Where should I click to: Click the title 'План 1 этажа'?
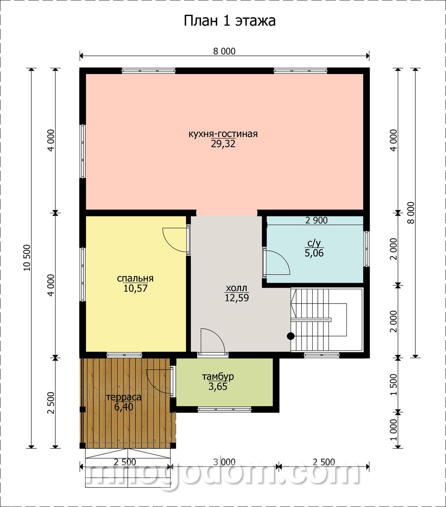(230, 21)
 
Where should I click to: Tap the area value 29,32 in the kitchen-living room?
(223, 144)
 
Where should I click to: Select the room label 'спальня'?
(135, 278)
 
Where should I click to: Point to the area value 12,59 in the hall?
(237, 298)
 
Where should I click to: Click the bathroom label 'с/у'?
(314, 243)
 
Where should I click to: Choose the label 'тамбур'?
(218, 376)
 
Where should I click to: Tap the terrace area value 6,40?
(124, 407)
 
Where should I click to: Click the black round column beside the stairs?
(291, 336)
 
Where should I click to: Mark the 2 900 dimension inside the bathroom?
(316, 220)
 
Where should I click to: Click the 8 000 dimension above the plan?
(224, 51)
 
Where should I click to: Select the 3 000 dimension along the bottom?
(224, 462)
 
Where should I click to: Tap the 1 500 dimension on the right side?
(393, 385)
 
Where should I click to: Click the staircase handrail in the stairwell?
(311, 320)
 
